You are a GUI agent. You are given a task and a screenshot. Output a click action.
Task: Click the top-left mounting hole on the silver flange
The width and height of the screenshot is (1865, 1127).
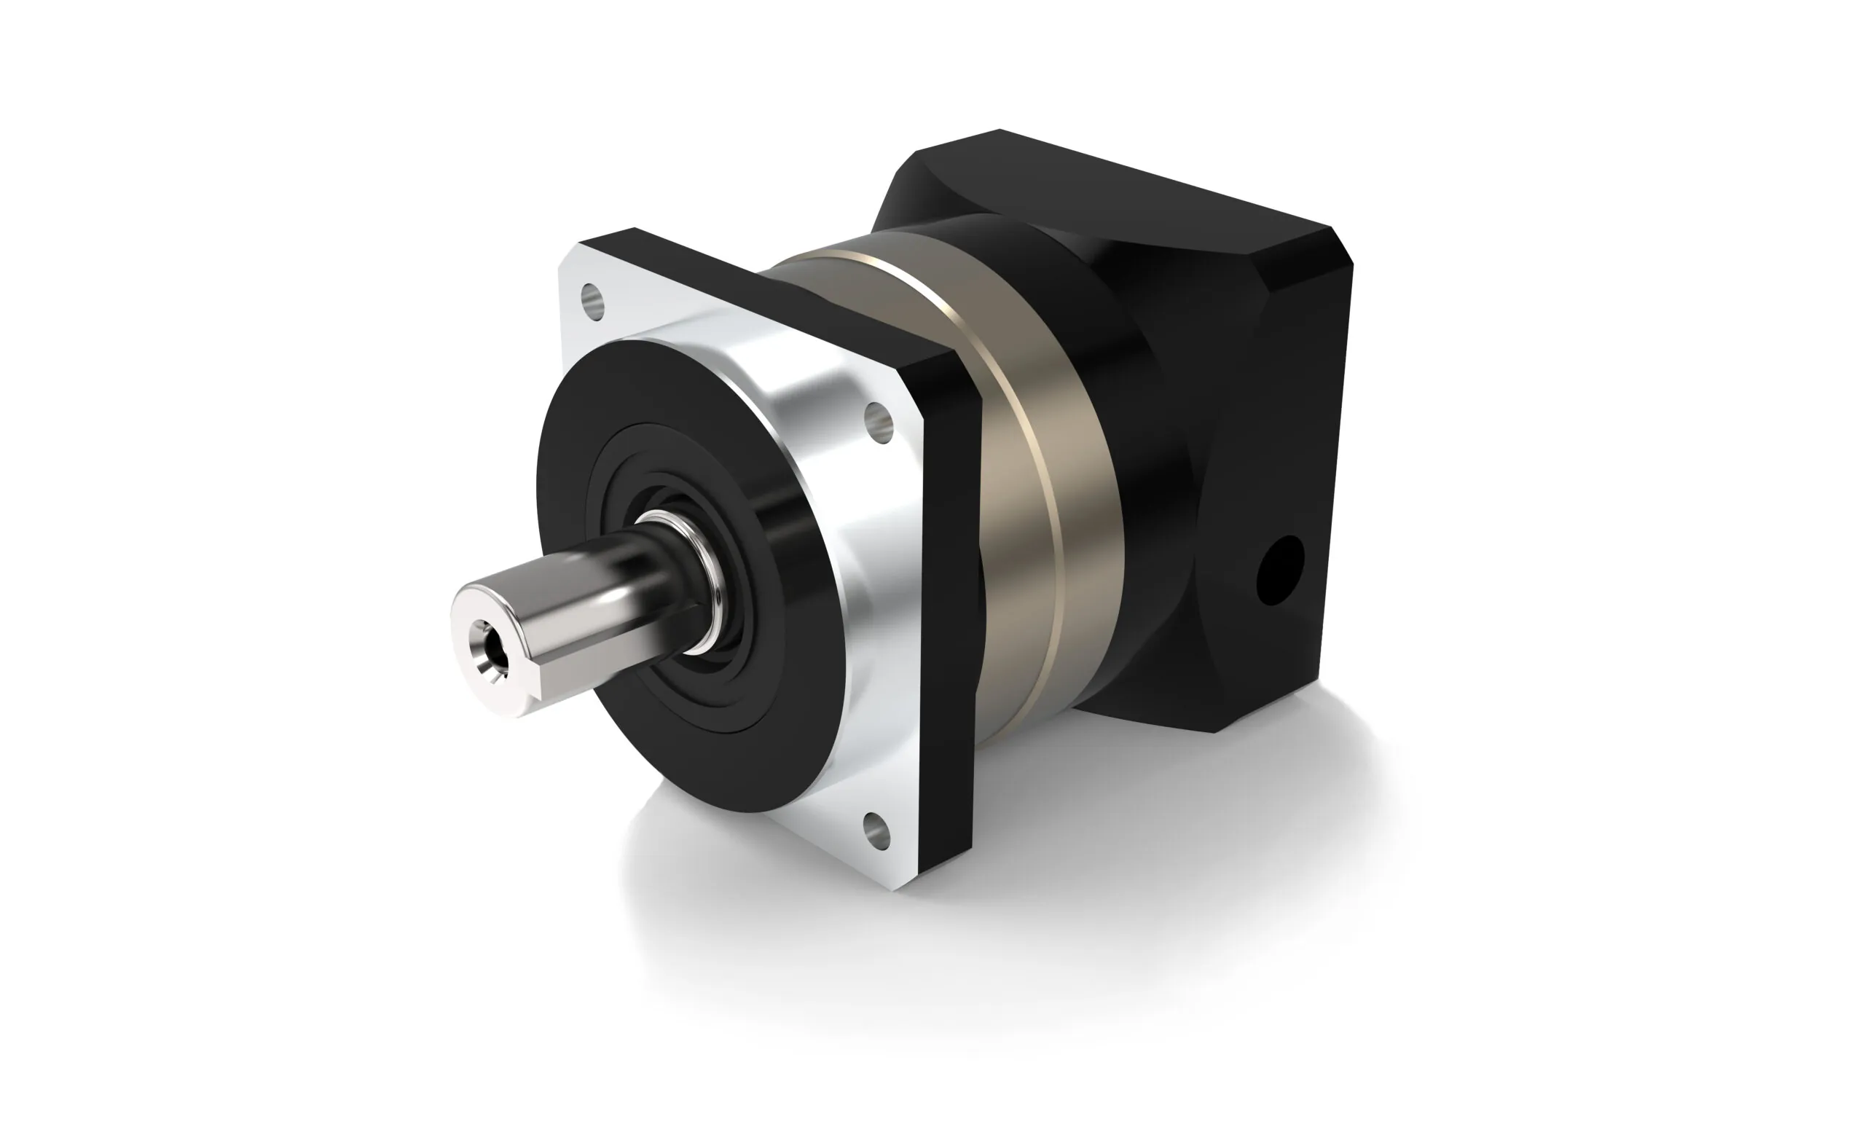594,300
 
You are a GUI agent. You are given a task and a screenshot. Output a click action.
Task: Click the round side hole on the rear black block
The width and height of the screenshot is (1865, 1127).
1280,570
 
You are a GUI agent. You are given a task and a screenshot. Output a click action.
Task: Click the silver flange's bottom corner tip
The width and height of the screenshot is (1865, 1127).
898,886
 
